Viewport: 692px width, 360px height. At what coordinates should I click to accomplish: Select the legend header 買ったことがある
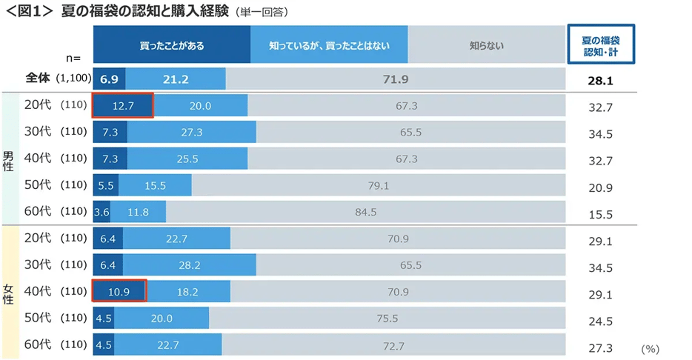click(x=171, y=45)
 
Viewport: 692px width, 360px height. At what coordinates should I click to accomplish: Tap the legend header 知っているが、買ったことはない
click(x=329, y=45)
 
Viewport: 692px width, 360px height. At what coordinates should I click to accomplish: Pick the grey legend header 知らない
click(x=486, y=45)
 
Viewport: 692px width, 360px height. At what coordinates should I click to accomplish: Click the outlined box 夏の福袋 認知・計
click(x=601, y=44)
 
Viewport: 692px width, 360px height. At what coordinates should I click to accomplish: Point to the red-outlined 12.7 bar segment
click(x=122, y=106)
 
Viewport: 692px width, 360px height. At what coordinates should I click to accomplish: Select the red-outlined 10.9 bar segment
click(x=119, y=292)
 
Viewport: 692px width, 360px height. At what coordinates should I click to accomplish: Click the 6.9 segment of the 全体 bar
click(x=109, y=79)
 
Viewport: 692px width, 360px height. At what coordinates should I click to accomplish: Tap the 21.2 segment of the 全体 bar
click(x=176, y=79)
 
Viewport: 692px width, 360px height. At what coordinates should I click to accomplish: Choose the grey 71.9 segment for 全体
click(x=396, y=79)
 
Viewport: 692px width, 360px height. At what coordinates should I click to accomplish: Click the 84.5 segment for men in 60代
click(x=365, y=212)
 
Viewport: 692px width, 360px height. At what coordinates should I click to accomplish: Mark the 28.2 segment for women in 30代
click(x=189, y=265)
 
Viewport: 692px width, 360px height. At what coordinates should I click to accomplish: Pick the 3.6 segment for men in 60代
click(x=102, y=212)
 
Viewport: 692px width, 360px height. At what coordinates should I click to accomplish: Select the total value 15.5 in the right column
click(x=601, y=215)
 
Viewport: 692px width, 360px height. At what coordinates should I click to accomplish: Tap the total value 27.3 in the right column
click(x=601, y=347)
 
